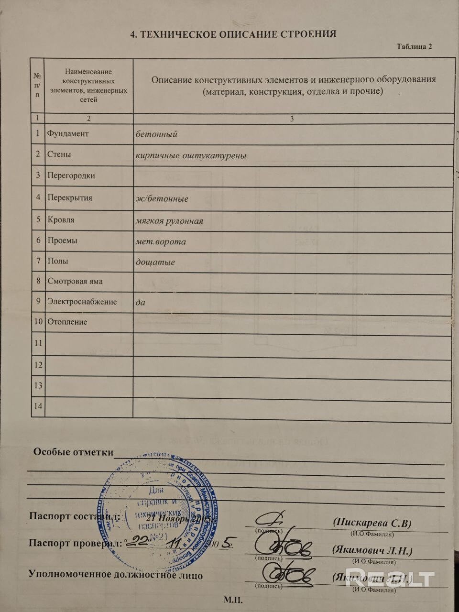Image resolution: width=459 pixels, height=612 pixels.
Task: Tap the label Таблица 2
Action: click(414, 46)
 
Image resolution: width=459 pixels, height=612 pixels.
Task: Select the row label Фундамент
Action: click(67, 133)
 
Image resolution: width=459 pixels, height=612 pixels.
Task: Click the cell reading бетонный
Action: click(156, 134)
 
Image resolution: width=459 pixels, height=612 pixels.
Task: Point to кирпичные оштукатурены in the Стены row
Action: click(191, 155)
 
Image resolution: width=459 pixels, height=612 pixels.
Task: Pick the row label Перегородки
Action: click(71, 175)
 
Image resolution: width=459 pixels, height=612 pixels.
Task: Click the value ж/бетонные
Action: click(162, 198)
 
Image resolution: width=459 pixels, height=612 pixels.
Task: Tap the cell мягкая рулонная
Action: click(169, 221)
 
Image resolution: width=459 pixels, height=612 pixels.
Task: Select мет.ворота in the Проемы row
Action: click(161, 241)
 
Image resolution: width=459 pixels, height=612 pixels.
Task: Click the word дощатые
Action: click(155, 262)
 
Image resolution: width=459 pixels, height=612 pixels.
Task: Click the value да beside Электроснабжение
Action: click(140, 302)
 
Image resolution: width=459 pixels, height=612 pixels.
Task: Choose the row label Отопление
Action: click(67, 322)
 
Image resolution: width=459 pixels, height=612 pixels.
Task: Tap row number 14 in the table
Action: click(38, 406)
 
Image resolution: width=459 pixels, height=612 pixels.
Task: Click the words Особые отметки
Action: click(73, 452)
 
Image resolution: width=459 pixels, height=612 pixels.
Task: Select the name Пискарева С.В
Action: click(372, 523)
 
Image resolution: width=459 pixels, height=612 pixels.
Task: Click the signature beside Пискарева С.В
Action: click(271, 520)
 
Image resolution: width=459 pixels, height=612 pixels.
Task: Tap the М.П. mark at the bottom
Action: click(233, 600)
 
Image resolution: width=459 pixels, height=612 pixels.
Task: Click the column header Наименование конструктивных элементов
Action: click(88, 85)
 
